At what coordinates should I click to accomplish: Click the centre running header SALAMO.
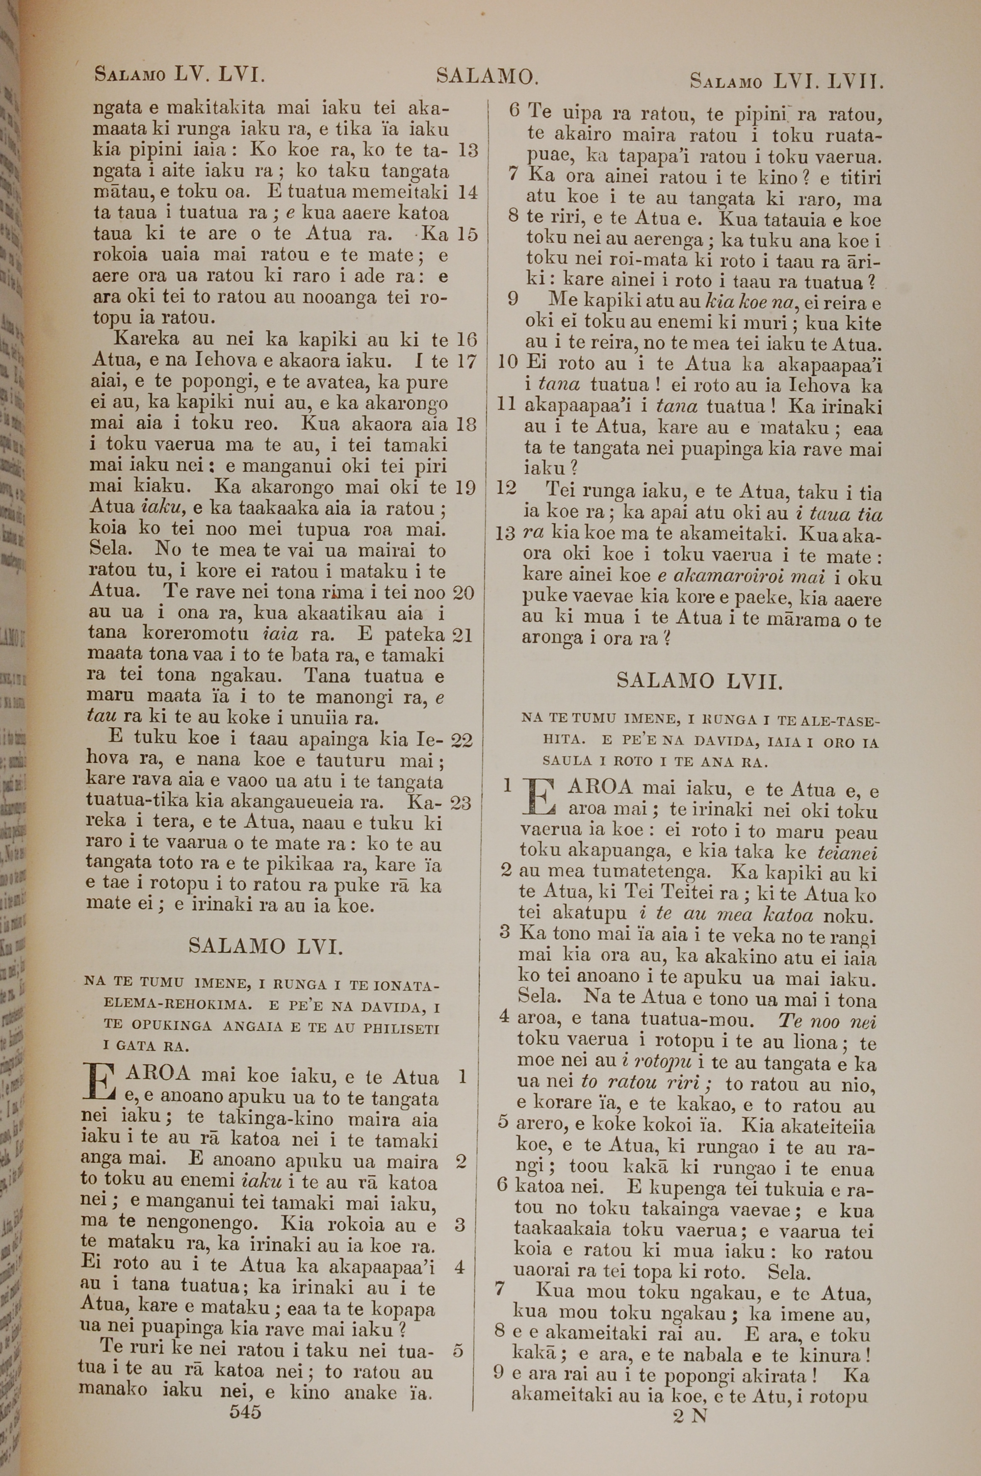[487, 77]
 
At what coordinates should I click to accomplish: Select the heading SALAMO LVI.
[265, 947]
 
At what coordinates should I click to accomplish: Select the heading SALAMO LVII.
[699, 681]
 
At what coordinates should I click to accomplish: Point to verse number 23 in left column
[461, 803]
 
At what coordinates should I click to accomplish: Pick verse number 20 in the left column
[464, 593]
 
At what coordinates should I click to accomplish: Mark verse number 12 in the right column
[506, 487]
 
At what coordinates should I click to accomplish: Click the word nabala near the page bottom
[716, 1355]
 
